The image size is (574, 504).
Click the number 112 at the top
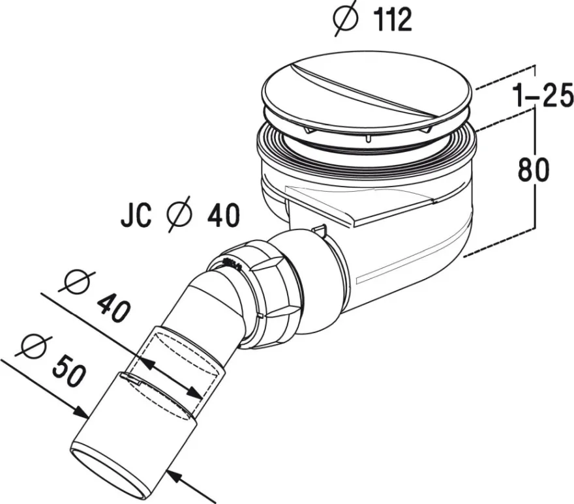tap(393, 20)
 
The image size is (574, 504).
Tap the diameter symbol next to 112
tap(345, 18)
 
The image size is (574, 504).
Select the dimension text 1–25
tap(543, 95)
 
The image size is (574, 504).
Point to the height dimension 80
tap(534, 170)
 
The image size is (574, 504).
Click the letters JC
tap(136, 216)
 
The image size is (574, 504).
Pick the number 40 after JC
tap(223, 216)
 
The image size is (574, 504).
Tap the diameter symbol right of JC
tap(179, 214)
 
